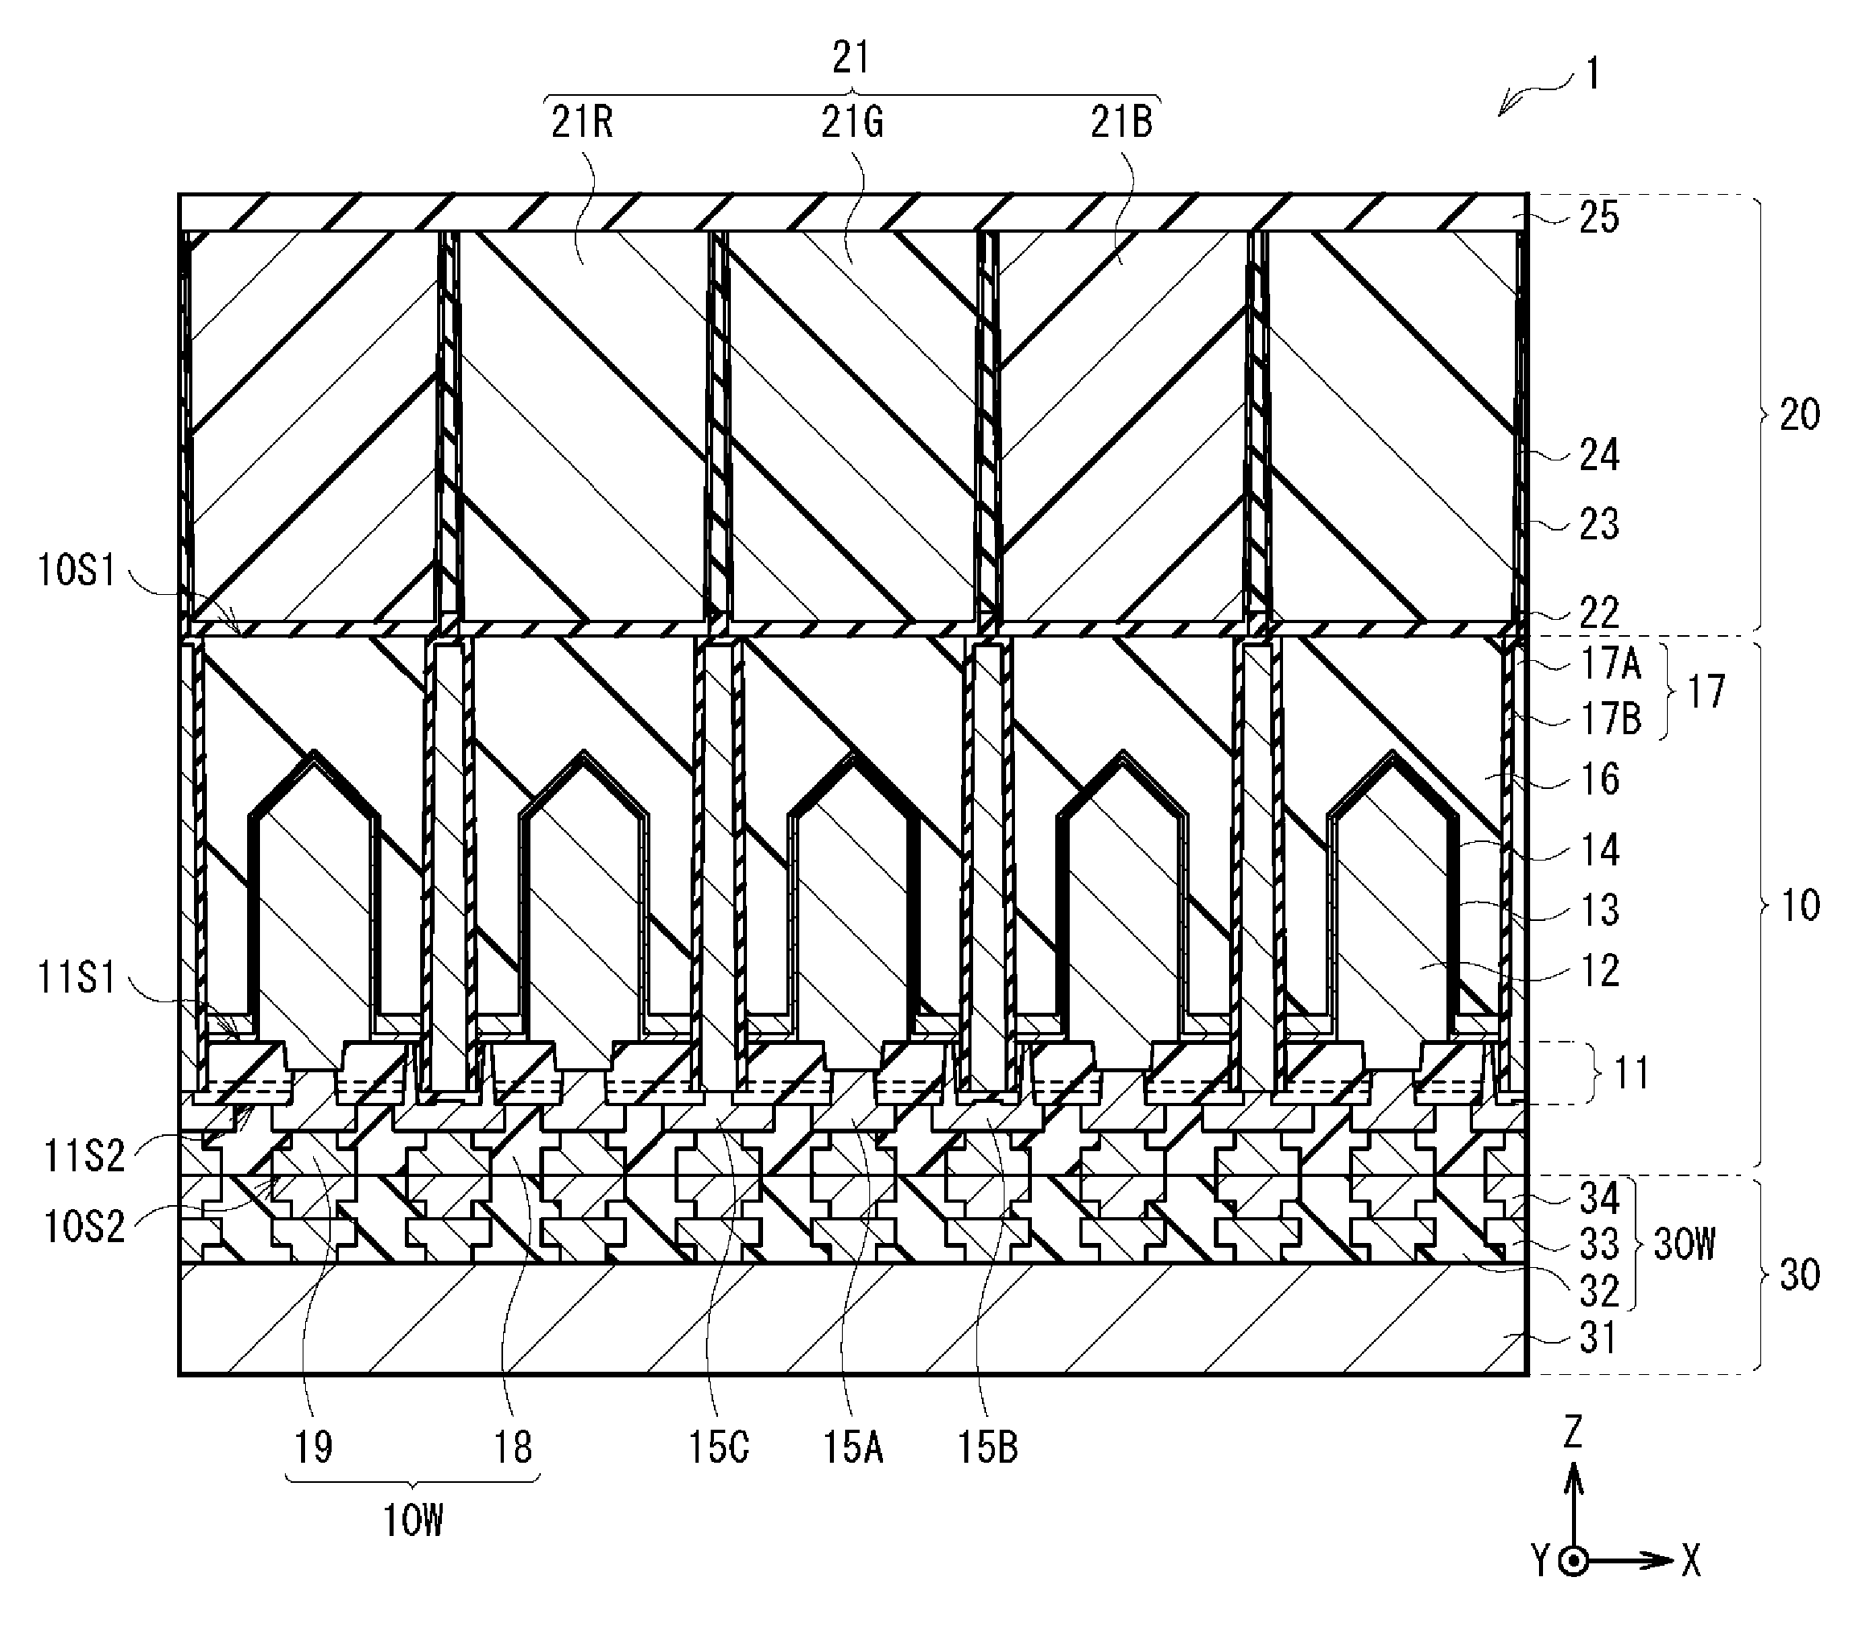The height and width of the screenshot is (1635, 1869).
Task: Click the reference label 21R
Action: (582, 122)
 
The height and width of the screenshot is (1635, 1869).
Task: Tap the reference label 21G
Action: (852, 122)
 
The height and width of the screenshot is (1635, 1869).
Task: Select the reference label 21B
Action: (1122, 122)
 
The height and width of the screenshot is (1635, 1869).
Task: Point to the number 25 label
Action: (1599, 218)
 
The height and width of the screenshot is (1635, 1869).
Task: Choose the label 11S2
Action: (85, 1156)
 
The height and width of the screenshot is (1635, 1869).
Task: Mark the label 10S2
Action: (85, 1226)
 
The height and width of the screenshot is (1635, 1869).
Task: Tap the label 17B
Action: (1611, 719)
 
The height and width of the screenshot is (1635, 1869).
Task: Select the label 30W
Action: (1685, 1244)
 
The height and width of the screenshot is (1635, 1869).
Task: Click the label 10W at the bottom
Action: (413, 1521)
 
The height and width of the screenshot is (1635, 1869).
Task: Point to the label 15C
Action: (719, 1447)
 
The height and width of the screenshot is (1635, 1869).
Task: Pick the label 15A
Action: (853, 1447)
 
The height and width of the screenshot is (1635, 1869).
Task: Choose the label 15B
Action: (987, 1447)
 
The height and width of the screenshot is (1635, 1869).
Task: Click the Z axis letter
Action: (1573, 1432)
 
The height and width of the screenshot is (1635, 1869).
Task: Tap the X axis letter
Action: (1691, 1562)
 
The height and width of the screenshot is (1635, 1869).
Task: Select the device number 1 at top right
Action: (1591, 73)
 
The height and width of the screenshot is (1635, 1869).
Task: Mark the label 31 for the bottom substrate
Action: (1599, 1339)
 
